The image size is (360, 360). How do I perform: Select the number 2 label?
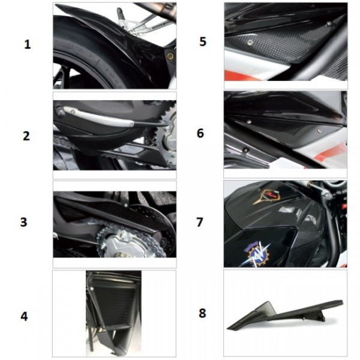[26, 136]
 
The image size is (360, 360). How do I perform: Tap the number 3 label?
[23, 222]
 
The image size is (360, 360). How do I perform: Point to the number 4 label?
[25, 316]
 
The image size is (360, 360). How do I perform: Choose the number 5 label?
[203, 41]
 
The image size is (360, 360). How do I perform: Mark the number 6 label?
[200, 133]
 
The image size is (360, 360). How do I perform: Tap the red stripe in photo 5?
[240, 75]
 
